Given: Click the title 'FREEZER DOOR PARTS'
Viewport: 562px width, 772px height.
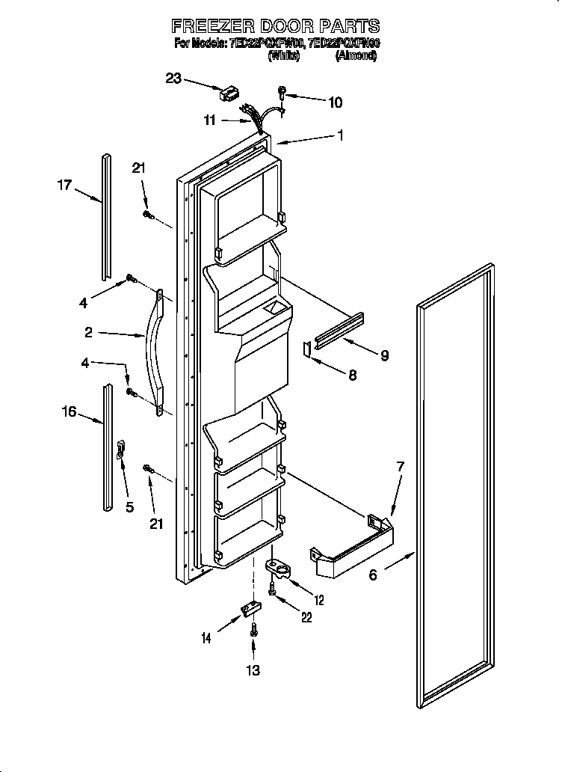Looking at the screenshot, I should (x=276, y=28).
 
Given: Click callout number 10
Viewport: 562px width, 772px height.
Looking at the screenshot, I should (x=335, y=102).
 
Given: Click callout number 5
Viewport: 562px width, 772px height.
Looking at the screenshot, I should (x=129, y=506).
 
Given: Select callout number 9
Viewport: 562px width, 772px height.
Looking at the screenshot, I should (x=383, y=355).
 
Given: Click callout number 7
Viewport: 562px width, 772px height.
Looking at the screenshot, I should (x=400, y=467).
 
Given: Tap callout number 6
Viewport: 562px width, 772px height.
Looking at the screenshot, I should (x=374, y=574).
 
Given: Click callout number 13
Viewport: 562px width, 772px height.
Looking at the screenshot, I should (x=254, y=670).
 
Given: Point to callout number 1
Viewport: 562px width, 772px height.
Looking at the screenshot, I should (x=340, y=135).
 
